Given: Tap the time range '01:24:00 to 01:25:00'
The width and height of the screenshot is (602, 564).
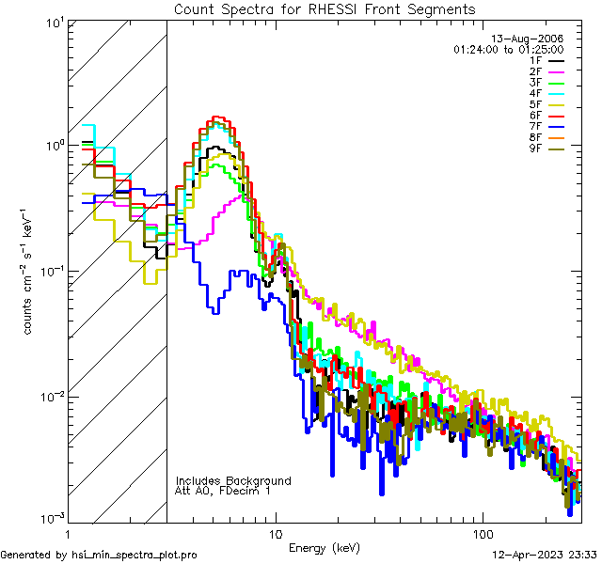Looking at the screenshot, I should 508,48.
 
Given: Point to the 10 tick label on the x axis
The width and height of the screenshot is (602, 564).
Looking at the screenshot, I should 275,531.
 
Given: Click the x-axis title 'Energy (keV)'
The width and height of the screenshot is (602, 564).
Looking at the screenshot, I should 324,547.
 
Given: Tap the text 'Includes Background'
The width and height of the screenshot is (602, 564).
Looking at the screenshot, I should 233,480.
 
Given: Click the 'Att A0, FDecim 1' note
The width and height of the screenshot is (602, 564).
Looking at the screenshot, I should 223,491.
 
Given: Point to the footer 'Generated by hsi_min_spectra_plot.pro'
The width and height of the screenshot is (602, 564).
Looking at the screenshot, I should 99,555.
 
